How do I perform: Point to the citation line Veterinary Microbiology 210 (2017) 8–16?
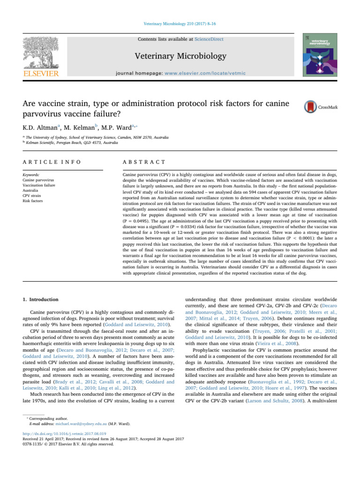pyautogui.click(x=180, y=22)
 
